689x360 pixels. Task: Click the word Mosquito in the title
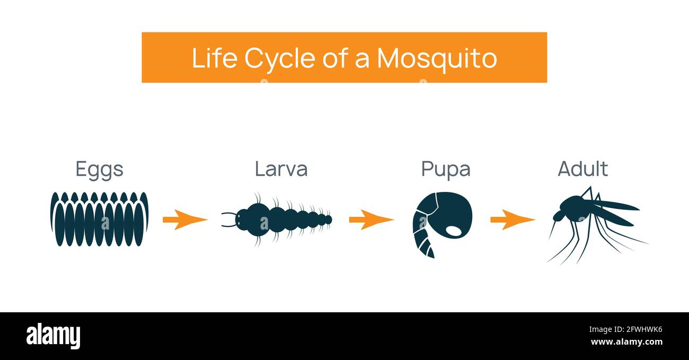[x=437, y=58]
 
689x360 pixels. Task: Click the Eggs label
[x=99, y=169]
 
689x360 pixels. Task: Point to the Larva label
[x=281, y=169]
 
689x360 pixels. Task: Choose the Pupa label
[x=445, y=169]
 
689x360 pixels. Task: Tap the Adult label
[x=582, y=169]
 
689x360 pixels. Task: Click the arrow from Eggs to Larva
[x=184, y=219]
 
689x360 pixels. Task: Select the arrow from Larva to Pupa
[x=371, y=219]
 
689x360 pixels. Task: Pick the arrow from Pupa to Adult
[x=512, y=219]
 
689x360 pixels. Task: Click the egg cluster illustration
[x=99, y=218]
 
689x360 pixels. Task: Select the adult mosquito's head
[x=559, y=215]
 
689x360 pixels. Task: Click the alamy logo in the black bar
[x=53, y=336]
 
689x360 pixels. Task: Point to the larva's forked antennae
[x=228, y=219]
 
